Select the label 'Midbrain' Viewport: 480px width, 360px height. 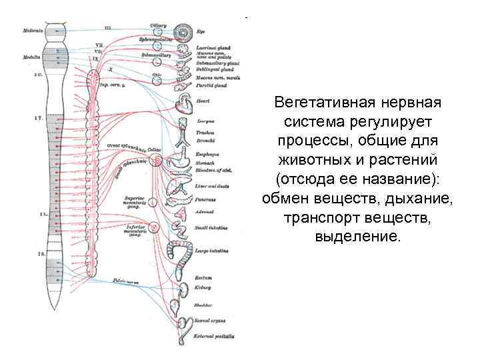(33, 31)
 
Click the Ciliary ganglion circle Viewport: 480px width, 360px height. (159, 31)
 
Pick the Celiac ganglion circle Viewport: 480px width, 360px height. (156, 160)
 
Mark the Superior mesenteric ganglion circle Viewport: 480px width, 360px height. (153, 201)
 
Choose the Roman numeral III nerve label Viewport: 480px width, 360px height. (109, 27)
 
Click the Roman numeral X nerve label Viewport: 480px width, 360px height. (111, 68)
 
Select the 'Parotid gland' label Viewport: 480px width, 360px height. (211, 85)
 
